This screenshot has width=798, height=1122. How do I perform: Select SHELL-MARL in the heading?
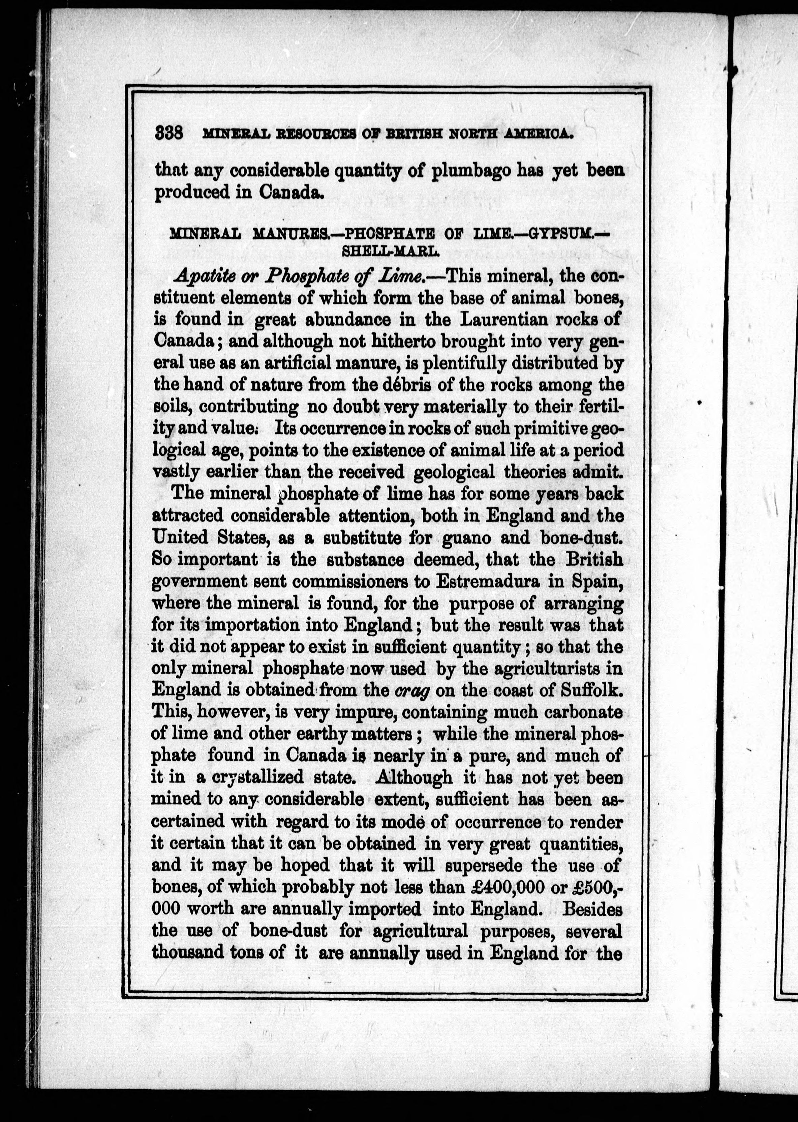tap(389, 251)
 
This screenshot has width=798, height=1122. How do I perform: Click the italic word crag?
tap(412, 690)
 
